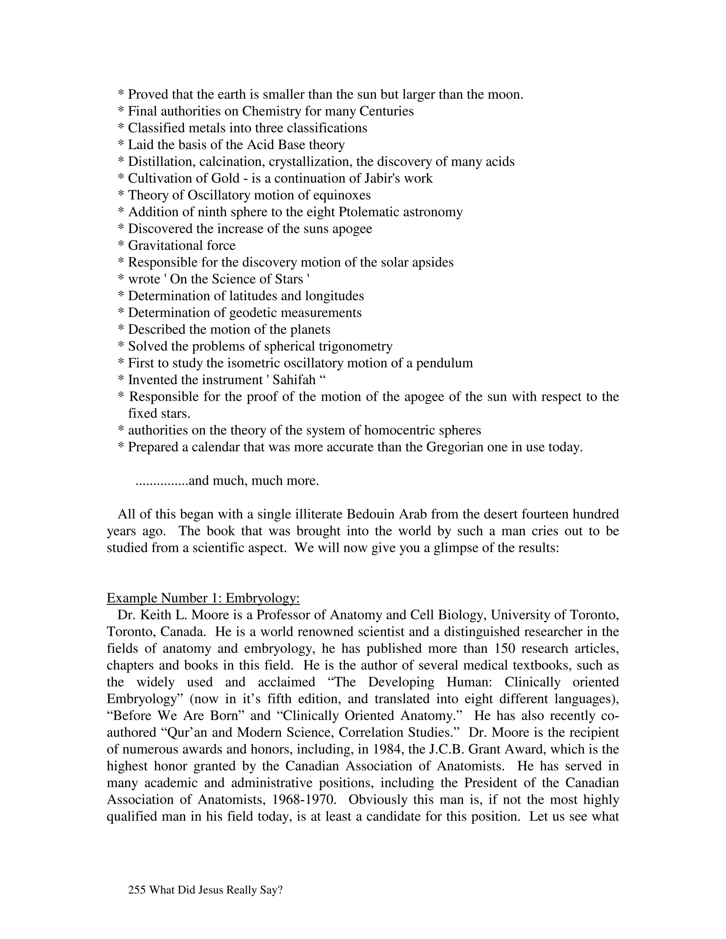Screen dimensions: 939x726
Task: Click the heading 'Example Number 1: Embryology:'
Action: [x=203, y=598]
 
